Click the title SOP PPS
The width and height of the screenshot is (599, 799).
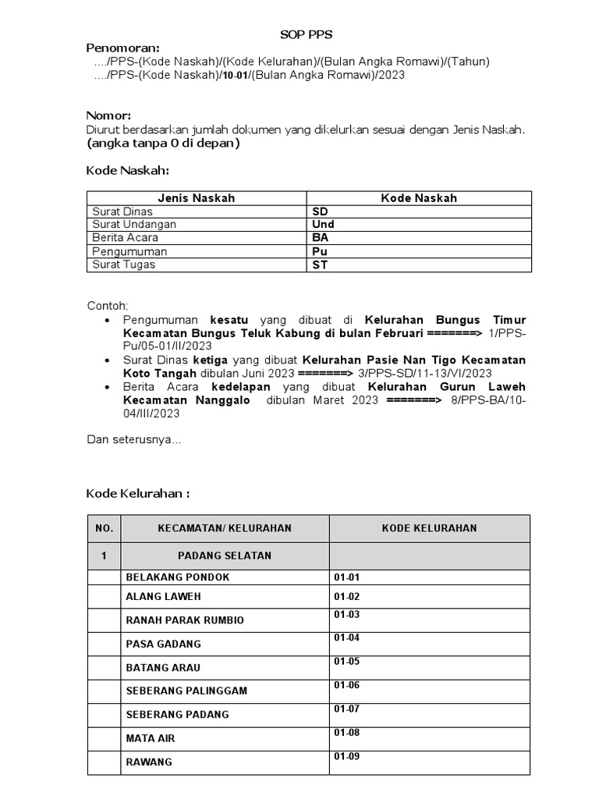(299, 35)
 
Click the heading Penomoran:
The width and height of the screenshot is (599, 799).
(122, 48)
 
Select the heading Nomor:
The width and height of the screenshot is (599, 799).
(108, 116)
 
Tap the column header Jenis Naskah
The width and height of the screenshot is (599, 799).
(196, 198)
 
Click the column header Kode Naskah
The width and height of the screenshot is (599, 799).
(419, 198)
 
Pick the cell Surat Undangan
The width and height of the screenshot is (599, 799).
(134, 225)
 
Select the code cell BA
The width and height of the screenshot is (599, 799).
(320, 238)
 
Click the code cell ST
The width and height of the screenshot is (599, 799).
(320, 265)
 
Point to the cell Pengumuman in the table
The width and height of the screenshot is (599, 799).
(129, 251)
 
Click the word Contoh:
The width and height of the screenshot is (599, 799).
(107, 305)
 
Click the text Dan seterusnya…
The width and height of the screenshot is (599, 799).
(133, 440)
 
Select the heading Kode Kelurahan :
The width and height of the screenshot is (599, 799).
(137, 494)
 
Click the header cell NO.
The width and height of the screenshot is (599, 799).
(104, 528)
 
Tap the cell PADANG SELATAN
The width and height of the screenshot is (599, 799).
(225, 556)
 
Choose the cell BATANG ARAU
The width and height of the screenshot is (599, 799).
(163, 668)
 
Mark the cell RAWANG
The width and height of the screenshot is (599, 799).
(149, 762)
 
